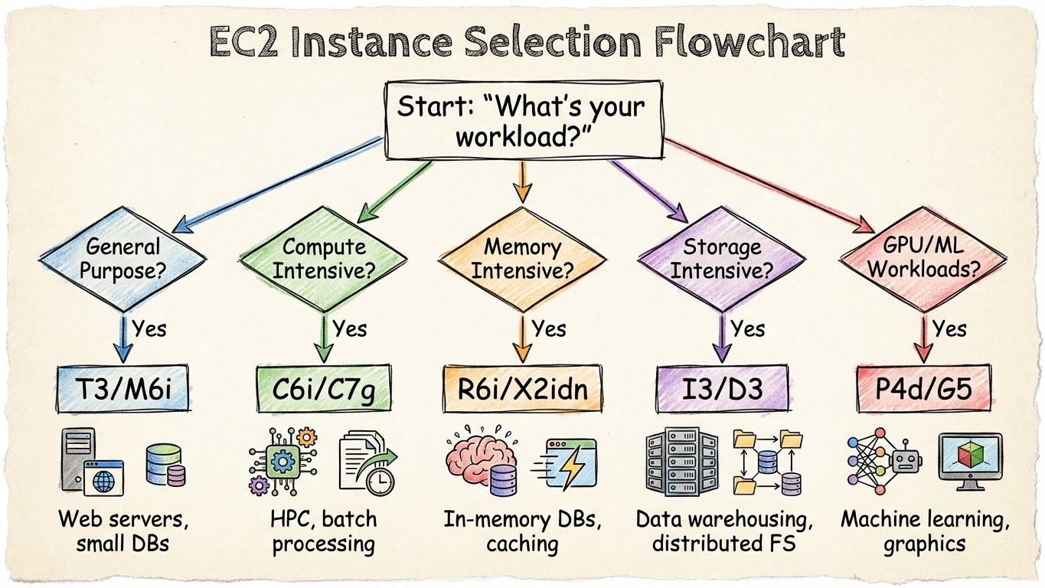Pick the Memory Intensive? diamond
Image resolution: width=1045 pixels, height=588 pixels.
522,259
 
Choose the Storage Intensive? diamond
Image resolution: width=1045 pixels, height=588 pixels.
722,259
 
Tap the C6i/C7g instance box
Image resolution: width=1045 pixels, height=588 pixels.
325,390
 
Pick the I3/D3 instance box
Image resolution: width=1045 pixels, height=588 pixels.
722,390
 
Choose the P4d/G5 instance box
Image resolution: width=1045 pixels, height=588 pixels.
923,390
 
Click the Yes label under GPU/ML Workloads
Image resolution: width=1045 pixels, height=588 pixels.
949,329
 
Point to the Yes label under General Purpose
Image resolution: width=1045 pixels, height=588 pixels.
149,329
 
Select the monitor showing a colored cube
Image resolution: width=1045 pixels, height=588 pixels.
970,460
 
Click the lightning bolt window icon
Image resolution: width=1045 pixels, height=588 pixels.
568,464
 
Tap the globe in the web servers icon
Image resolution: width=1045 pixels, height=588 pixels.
104,482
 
